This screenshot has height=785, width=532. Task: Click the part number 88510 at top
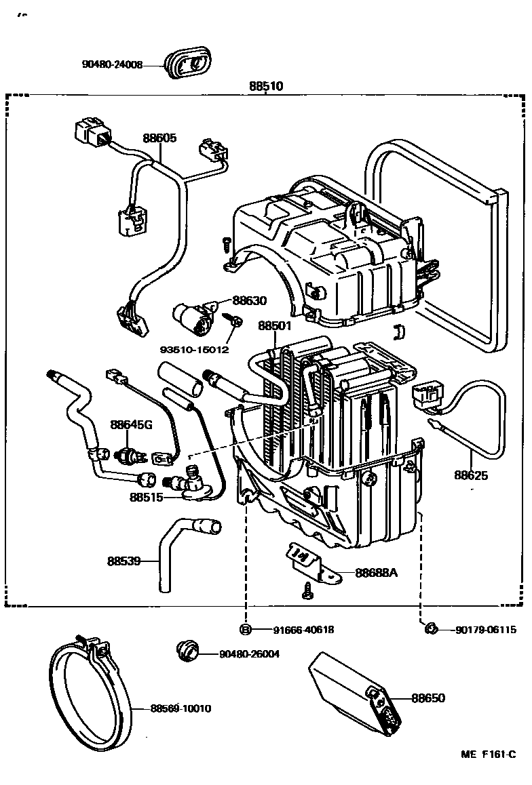pos(265,87)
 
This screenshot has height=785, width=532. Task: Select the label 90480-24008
pos(112,65)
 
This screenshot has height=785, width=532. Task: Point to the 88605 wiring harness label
pos(159,138)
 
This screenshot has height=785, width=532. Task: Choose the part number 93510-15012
pos(194,350)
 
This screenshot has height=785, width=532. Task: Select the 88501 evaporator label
pos(275,325)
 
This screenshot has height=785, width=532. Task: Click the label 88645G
pos(132,425)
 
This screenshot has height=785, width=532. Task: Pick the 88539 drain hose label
pos(123,561)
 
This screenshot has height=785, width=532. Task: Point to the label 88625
pos(471,475)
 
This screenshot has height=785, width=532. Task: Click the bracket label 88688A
pos(375,573)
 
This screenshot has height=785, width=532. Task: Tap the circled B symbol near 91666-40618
pos(246,630)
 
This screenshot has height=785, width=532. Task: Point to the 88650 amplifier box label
pos(428,698)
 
